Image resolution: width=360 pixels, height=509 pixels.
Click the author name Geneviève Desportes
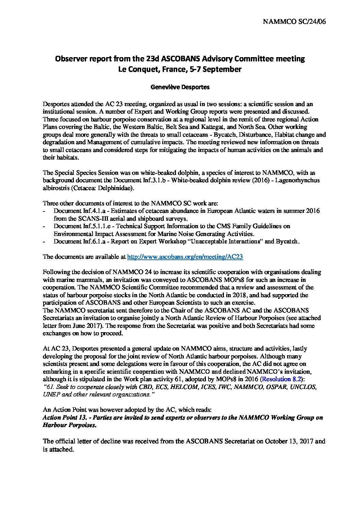pyautogui.click(x=180, y=87)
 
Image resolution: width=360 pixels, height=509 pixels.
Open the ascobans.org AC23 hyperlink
pyautogui.click(x=185, y=257)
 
